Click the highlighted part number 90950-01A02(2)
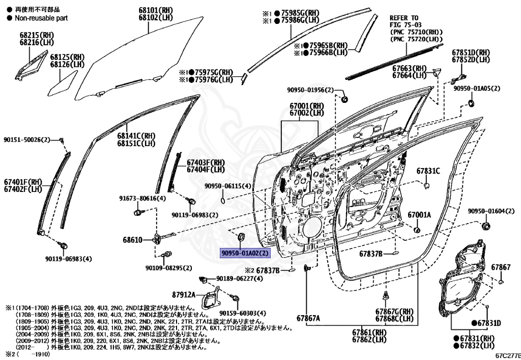(245, 253)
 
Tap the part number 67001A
(419, 215)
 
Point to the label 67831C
(428, 171)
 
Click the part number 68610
(133, 239)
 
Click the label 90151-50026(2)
(27, 140)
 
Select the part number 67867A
(309, 318)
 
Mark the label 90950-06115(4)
(228, 186)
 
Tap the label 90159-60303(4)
(243, 313)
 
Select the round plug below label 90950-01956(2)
(343, 98)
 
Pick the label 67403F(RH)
(206, 162)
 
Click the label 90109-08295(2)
(168, 268)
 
